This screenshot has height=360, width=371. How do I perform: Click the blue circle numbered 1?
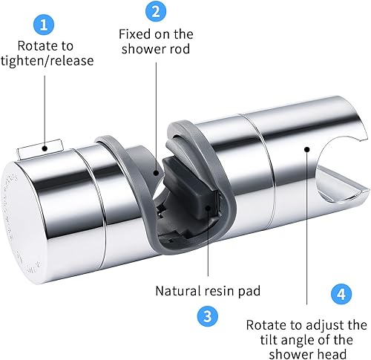pyautogui.click(x=44, y=25)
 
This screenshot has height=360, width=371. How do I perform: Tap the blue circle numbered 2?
pyautogui.click(x=156, y=11)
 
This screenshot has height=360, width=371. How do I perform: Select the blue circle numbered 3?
pyautogui.click(x=208, y=316)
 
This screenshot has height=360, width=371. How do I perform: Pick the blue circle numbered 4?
pyautogui.click(x=341, y=294)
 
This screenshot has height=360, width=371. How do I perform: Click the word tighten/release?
pyautogui.click(x=47, y=61)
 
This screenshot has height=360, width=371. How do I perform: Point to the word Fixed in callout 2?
pyautogui.click(x=135, y=34)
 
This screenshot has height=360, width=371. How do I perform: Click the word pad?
pyautogui.click(x=249, y=291)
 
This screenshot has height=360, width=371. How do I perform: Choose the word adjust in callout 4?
pyautogui.click(x=321, y=326)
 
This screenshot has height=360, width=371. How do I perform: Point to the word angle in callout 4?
pyautogui.click(x=299, y=341)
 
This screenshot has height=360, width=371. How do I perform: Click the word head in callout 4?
pyautogui.click(x=332, y=353)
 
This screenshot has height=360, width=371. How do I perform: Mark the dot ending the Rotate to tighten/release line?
pyautogui.click(x=45, y=148)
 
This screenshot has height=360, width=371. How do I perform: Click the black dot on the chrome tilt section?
pyautogui.click(x=307, y=149)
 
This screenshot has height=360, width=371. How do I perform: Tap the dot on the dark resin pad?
pyautogui.click(x=208, y=208)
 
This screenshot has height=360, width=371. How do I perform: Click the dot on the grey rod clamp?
pyautogui.click(x=156, y=172)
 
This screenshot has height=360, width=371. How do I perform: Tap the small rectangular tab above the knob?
pyautogui.click(x=40, y=149)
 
